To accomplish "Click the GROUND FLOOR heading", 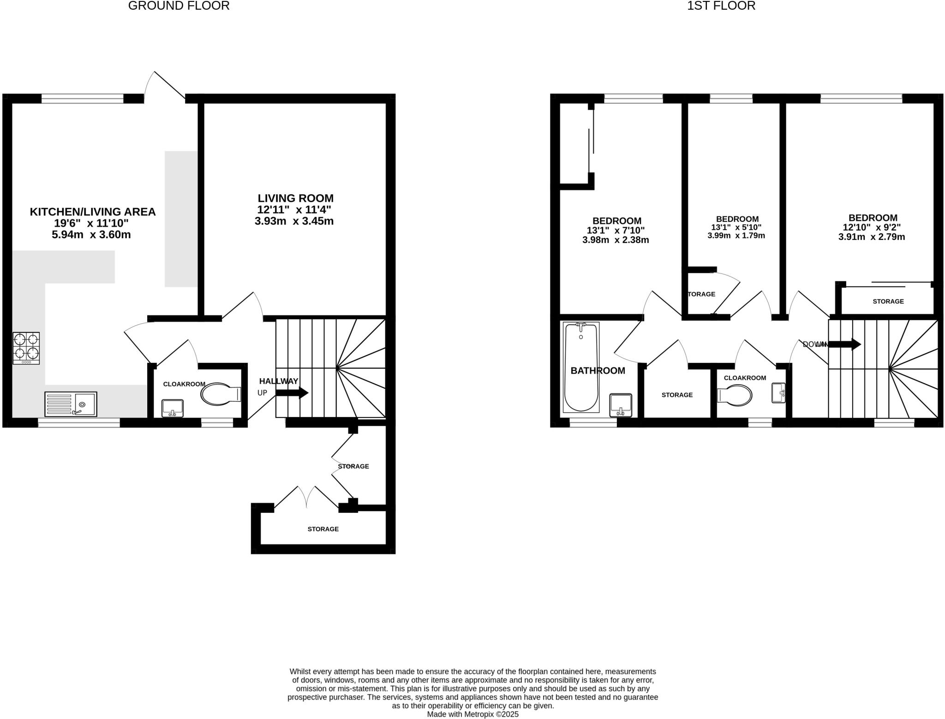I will pyautogui.click(x=179, y=6).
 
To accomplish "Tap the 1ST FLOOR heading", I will pyautogui.click(x=721, y=6).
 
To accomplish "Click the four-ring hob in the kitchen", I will pyautogui.click(x=26, y=348).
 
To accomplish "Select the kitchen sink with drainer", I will pyautogui.click(x=71, y=404).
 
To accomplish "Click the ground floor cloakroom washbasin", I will pyautogui.click(x=173, y=408).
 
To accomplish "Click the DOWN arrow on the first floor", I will pyautogui.click(x=844, y=344).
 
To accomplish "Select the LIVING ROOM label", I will pyautogui.click(x=295, y=198).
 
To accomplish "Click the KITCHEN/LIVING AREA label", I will pyautogui.click(x=93, y=212).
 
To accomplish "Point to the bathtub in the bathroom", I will pyautogui.click(x=581, y=367).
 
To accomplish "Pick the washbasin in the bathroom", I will pyautogui.click(x=621, y=405).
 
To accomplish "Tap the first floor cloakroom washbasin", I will pyautogui.click(x=778, y=393).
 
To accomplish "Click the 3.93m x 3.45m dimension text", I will pyautogui.click(x=294, y=221).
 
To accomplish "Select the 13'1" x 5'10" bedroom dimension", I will pyautogui.click(x=736, y=227).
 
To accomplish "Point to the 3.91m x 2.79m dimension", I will pyautogui.click(x=872, y=237).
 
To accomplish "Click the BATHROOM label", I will pyautogui.click(x=598, y=371).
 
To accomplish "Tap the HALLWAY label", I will pyautogui.click(x=279, y=381).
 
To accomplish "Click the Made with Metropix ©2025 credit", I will pyautogui.click(x=472, y=714).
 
